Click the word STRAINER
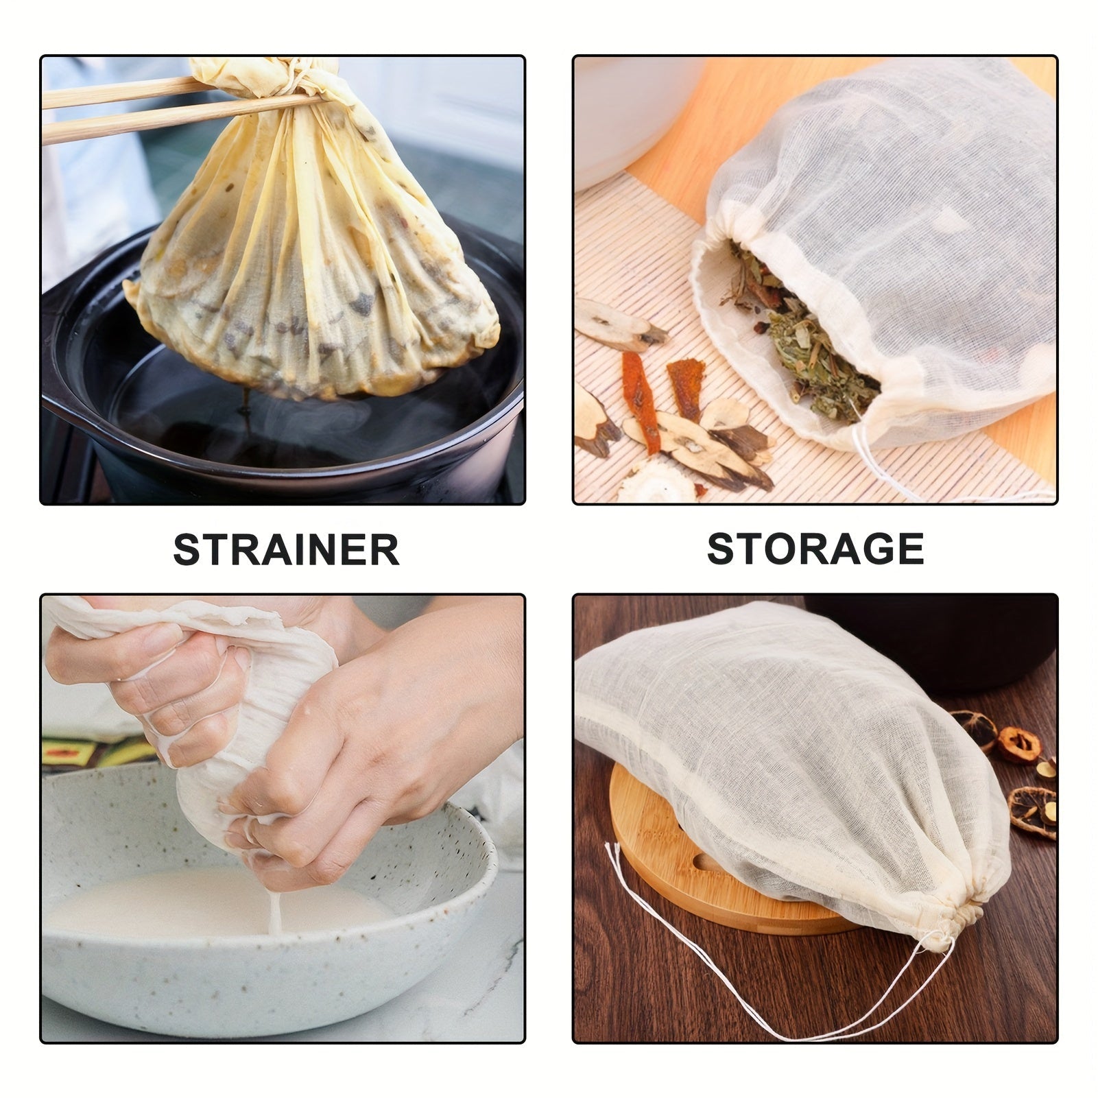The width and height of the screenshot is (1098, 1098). (x=286, y=549)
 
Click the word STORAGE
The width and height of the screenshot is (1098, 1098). (x=815, y=549)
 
